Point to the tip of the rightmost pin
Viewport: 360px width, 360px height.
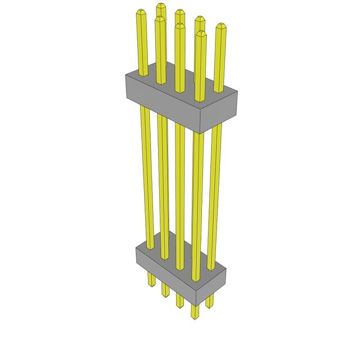pos(220,26)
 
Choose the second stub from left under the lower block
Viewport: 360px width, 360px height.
pos(165,289)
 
